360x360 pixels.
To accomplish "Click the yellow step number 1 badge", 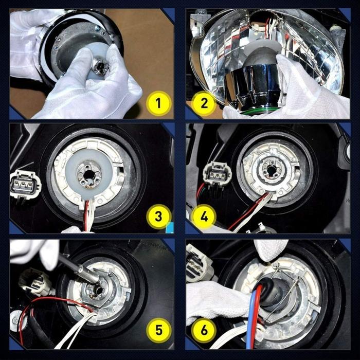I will pos(158,103).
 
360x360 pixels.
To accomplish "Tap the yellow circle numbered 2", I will pos(205,103).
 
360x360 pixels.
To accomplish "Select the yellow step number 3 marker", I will pos(158,217).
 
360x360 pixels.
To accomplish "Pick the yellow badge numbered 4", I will pos(205,217).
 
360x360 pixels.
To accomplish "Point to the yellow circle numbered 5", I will pos(158,330).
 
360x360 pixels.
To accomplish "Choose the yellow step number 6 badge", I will pos(205,330).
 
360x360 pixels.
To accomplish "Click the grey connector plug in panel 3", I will pos(23,184).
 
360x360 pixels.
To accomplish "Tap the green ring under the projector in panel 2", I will pos(262,109).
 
